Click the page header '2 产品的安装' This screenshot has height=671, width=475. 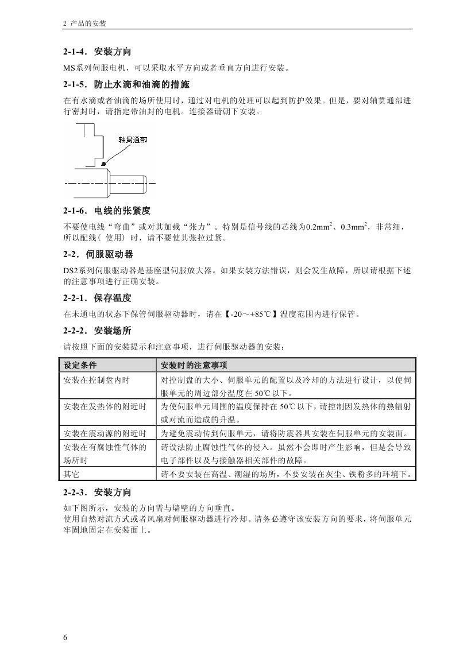point(84,24)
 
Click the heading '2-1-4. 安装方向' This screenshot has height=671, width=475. point(97,52)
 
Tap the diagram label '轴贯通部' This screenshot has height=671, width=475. point(133,140)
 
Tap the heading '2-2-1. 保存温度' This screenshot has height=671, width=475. point(97,298)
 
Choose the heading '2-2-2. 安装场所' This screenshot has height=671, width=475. point(97,331)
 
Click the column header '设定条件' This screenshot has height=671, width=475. point(80,365)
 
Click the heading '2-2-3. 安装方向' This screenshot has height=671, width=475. point(97,492)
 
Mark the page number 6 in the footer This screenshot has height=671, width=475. point(65,638)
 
